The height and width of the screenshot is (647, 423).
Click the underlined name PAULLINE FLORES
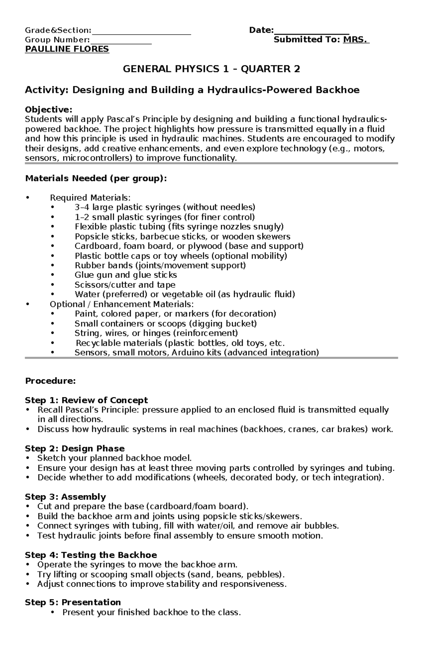pyautogui.click(x=67, y=49)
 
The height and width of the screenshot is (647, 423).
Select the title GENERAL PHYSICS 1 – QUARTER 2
pyautogui.click(x=211, y=69)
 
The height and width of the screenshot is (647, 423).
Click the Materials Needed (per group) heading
pyautogui.click(x=96, y=178)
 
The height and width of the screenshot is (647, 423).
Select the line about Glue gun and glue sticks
pyautogui.click(x=125, y=275)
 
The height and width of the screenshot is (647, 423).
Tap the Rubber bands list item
pyautogui.click(x=160, y=265)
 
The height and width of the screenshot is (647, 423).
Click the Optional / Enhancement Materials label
pyautogui.click(x=122, y=304)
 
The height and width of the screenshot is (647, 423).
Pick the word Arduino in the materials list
pyautogui.click(x=187, y=353)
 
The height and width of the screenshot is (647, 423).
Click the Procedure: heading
pyautogui.click(x=50, y=381)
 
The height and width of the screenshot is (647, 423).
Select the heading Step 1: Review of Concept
pyautogui.click(x=86, y=401)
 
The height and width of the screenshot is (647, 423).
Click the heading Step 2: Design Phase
pyautogui.click(x=75, y=448)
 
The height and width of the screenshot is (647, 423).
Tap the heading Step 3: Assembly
pyautogui.click(x=65, y=497)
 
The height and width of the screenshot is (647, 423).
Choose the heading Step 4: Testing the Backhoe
pyautogui.click(x=91, y=555)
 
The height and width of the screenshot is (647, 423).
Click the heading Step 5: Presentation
pyautogui.click(x=73, y=602)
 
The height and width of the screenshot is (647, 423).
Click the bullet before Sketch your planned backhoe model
pyautogui.click(x=27, y=458)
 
